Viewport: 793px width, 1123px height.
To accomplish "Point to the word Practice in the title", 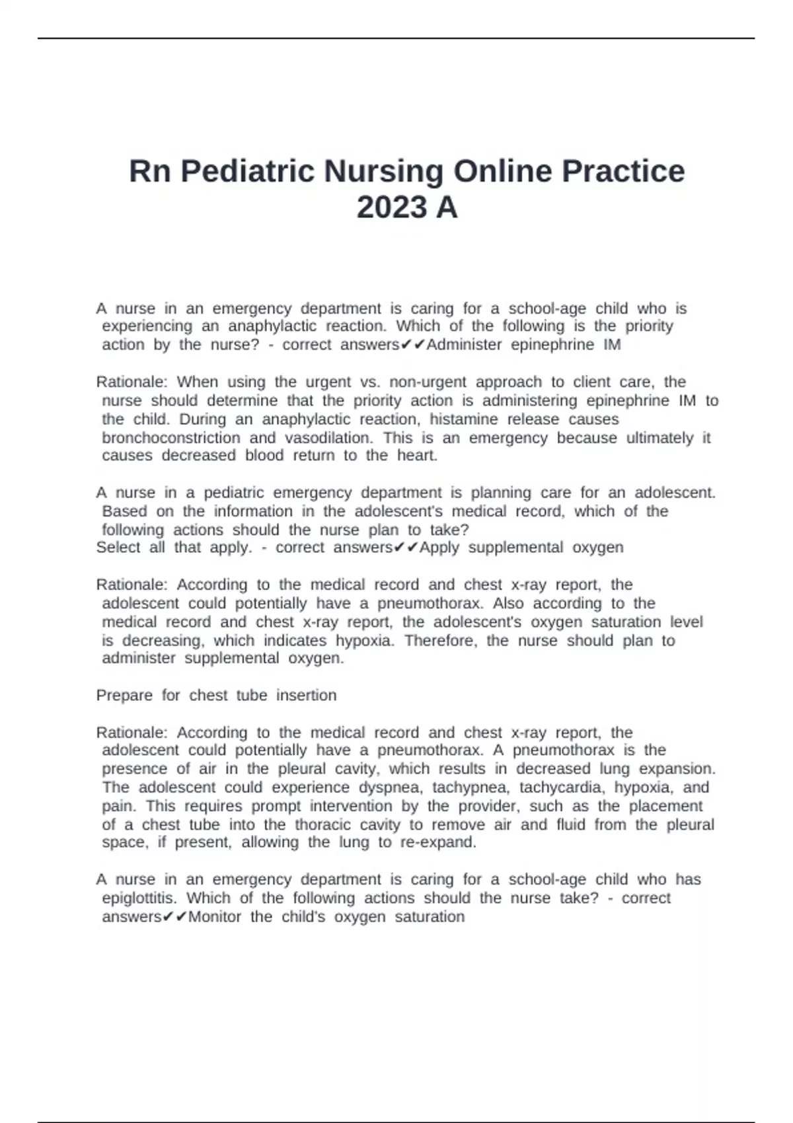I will (623, 172).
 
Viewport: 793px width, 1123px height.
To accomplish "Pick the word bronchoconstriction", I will (171, 438).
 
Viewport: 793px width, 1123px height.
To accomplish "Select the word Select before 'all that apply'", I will (118, 548).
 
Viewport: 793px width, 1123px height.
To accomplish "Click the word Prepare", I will (124, 696).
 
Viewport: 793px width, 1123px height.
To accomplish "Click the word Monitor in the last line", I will (215, 917).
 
